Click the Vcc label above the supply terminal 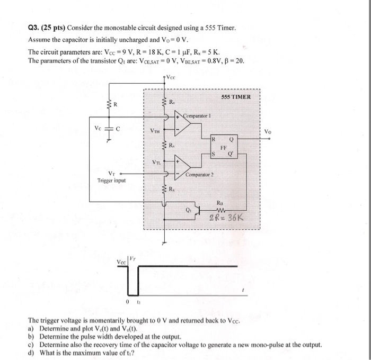click(171, 77)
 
